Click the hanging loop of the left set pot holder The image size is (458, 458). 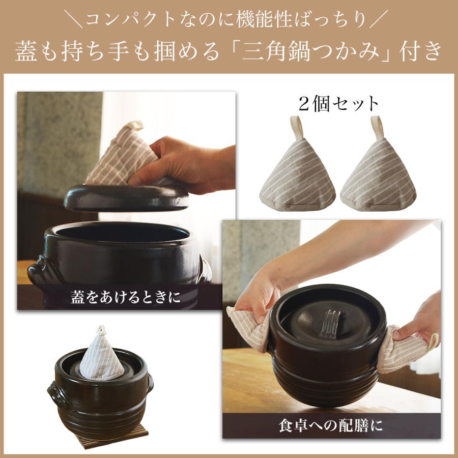coord(296,126)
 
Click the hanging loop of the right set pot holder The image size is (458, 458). coord(378,126)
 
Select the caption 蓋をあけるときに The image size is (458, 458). coord(126,297)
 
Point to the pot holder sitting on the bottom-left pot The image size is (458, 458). coord(101,354)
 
